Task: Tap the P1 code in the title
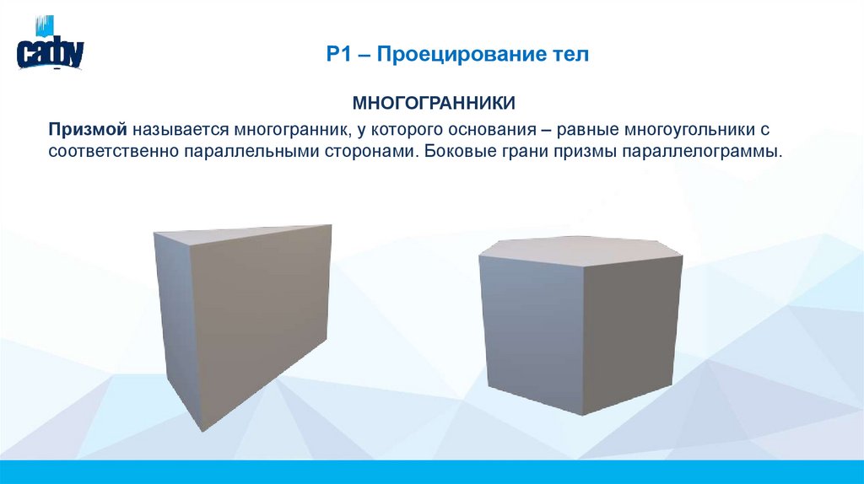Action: click(341, 56)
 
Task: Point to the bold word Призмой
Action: click(87, 131)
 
